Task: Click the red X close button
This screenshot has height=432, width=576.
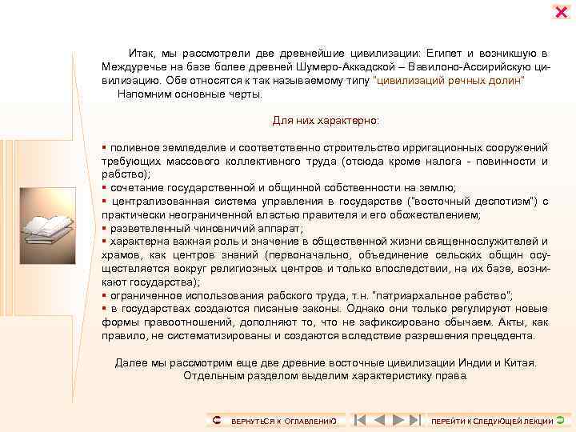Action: click(x=561, y=12)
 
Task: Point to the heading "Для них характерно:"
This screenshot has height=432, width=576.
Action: click(x=326, y=121)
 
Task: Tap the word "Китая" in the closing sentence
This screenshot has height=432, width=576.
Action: click(x=521, y=362)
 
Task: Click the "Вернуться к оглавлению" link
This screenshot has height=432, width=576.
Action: click(x=281, y=421)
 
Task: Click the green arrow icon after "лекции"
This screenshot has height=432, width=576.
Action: click(x=560, y=419)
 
